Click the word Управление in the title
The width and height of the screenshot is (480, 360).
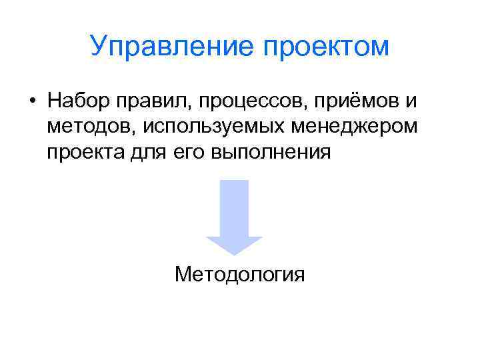167,47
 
